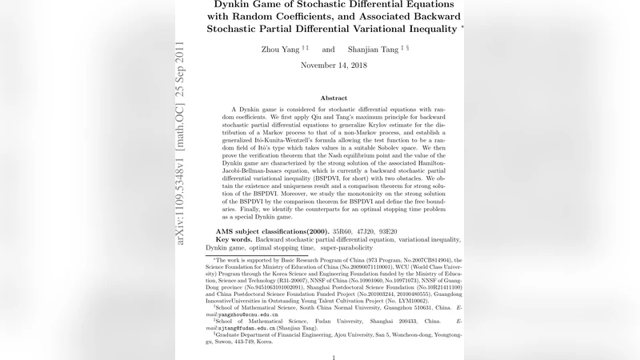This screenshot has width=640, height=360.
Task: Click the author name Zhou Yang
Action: [x=279, y=50]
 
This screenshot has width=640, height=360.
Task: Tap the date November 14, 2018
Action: [x=334, y=66]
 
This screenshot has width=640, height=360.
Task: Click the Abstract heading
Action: [x=334, y=98]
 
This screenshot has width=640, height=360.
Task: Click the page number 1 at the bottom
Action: [x=334, y=357]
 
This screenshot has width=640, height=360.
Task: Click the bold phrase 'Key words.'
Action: [x=236, y=239]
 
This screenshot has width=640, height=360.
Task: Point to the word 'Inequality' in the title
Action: [x=427, y=29]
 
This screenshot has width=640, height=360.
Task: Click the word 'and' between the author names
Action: [x=328, y=50]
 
